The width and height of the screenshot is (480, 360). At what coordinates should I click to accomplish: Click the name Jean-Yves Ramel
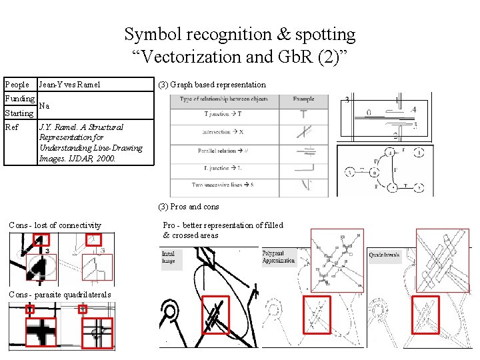tap(69, 85)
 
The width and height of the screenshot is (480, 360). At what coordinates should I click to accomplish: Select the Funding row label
tap(20, 99)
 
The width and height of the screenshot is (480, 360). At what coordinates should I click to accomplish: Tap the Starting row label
tap(19, 113)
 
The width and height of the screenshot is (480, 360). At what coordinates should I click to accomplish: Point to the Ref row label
tap(11, 127)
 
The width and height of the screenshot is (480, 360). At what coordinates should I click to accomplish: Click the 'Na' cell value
tap(44, 106)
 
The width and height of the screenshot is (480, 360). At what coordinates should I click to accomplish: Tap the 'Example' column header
tap(303, 99)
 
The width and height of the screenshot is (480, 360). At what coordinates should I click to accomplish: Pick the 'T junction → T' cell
tap(223, 114)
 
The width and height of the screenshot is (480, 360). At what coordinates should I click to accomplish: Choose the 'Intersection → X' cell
tap(223, 132)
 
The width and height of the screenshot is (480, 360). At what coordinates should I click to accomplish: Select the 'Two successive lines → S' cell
tap(223, 185)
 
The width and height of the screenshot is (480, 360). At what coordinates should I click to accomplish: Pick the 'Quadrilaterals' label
tap(385, 255)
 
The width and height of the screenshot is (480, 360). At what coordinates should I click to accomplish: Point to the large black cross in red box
tap(41, 331)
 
